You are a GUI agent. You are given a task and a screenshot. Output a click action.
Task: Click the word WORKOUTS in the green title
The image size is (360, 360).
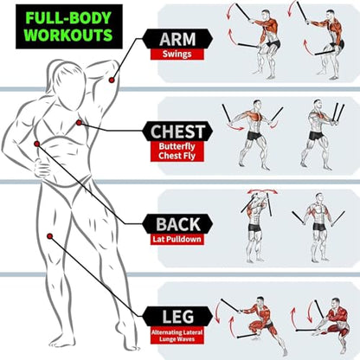coord(68,35)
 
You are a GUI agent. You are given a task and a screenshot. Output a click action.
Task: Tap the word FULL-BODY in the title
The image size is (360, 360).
coord(68,18)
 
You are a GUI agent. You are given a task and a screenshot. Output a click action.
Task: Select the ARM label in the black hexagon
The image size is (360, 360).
coord(177,39)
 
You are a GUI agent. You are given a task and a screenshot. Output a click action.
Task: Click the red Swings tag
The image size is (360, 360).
coord(177,55)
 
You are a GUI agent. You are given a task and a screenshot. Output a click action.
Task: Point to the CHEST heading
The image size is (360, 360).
coord(177,132)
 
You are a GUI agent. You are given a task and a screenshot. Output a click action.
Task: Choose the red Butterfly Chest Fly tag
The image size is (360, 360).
coord(177,151)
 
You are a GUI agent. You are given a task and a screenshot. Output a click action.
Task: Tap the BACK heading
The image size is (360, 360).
coord(178,224)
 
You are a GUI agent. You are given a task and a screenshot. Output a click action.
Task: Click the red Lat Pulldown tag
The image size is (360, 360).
coord(177,239)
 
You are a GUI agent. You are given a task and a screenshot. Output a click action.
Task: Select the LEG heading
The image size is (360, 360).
coord(178,317)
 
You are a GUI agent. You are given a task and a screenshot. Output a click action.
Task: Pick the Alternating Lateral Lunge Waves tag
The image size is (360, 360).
coord(177,336)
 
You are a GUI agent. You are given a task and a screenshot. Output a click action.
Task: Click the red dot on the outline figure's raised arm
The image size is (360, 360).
coord(112,80)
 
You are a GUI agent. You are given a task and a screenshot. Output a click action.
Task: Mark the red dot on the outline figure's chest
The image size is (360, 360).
coord(79,123)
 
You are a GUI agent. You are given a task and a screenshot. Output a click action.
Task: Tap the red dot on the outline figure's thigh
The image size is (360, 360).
coord(49,236)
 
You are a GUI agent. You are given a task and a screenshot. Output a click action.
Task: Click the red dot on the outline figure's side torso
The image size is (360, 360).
coord(36,144)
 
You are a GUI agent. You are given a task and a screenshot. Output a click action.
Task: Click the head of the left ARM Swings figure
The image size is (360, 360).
coord(267,15)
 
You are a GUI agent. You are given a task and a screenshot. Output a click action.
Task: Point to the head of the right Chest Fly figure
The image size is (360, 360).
coord(318,105)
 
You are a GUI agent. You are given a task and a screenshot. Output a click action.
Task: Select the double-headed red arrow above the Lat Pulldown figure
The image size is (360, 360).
coord(262,191)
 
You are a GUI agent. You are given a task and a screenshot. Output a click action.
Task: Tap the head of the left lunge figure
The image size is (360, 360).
coord(260,302)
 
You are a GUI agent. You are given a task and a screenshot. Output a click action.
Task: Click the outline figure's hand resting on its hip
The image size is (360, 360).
coord(42,167)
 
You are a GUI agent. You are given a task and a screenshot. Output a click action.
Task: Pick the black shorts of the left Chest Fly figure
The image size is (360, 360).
coord(255,136)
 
